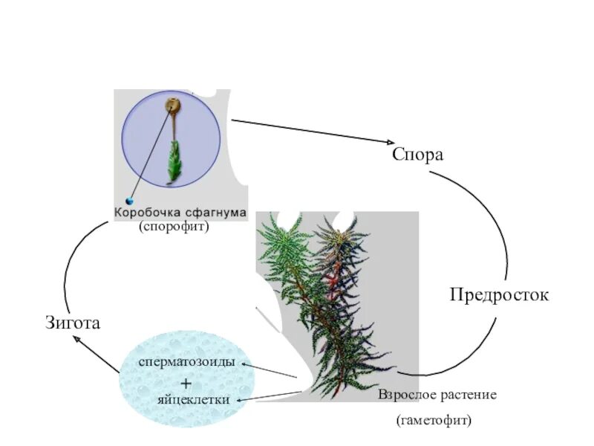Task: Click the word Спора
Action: pos(417,155)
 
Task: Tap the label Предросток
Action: pos(499,295)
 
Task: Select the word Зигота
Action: pos(73,323)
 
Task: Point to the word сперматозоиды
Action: pos(187,362)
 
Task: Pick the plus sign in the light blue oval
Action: pos(186,383)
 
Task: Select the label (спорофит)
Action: pos(174,227)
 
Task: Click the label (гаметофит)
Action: pos(434,421)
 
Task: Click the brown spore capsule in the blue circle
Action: pos(173,109)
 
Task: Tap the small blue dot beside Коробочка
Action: pos(130,201)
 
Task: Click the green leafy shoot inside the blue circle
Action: pos(174,161)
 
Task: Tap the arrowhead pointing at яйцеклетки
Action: pos(240,401)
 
